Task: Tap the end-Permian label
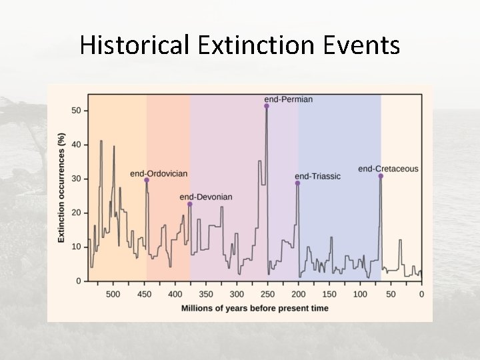pyautogui.click(x=288, y=99)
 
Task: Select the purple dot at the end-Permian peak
pyautogui.click(x=267, y=106)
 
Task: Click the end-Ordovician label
pyautogui.click(x=159, y=173)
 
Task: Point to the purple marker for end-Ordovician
pyautogui.click(x=147, y=180)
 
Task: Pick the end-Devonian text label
pyautogui.click(x=206, y=197)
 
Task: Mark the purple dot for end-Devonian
pyautogui.click(x=190, y=204)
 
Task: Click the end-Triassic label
pyautogui.click(x=317, y=176)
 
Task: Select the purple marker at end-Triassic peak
pyautogui.click(x=298, y=183)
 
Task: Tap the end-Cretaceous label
pyautogui.click(x=388, y=169)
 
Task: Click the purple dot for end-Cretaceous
pyautogui.click(x=381, y=176)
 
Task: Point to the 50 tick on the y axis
pyautogui.click(x=76, y=111)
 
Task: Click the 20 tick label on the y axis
pyautogui.click(x=76, y=213)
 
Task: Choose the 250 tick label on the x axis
pyautogui.click(x=267, y=294)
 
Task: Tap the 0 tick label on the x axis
pyautogui.click(x=421, y=294)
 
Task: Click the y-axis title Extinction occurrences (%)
pyautogui.click(x=61, y=187)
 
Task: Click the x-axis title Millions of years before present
pyautogui.click(x=255, y=308)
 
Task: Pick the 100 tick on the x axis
pyautogui.click(x=359, y=294)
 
